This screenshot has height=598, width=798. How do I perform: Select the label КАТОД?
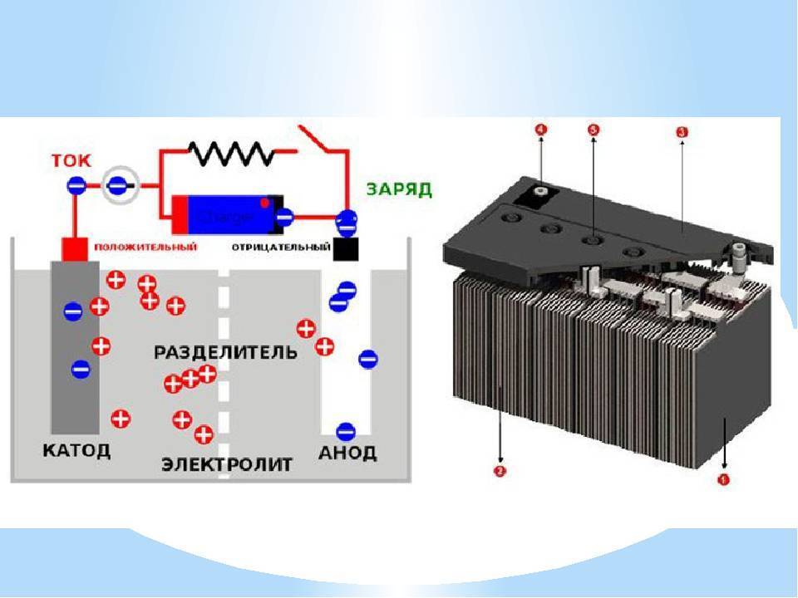[x=76, y=451]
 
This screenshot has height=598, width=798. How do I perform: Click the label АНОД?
[x=347, y=453]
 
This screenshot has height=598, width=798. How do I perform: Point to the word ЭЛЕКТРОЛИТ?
[x=227, y=464]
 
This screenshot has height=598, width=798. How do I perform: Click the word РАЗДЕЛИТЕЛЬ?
[x=225, y=351]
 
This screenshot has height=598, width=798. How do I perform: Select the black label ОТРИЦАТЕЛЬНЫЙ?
[x=278, y=247]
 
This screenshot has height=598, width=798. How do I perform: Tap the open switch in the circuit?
[x=319, y=143]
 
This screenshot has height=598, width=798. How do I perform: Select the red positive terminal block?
[x=75, y=248]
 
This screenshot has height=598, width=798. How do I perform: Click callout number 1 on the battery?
[x=723, y=480]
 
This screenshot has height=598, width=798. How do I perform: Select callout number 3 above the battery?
[x=682, y=132]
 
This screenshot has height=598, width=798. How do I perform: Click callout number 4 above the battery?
[x=540, y=130]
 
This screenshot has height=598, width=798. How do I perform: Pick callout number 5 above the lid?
[x=593, y=130]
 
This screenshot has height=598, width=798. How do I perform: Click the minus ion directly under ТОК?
[x=76, y=186]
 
